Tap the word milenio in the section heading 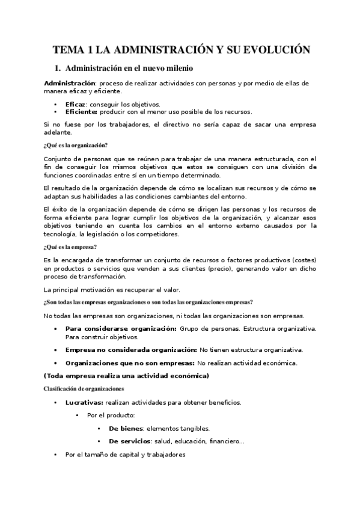(x=175, y=69)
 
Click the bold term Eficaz (x=76, y=104)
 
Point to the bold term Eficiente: (x=81, y=111)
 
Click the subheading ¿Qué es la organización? (x=76, y=146)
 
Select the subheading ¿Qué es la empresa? (x=71, y=247)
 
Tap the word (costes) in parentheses (x=302, y=260)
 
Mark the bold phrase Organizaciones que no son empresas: (x=129, y=363)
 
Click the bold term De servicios (x=130, y=441)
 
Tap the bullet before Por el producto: (x=77, y=416)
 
